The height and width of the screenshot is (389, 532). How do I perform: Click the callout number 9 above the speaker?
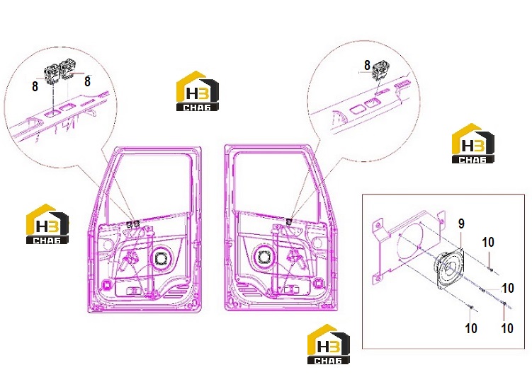[461, 224]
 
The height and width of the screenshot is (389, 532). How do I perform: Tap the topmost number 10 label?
[488, 243]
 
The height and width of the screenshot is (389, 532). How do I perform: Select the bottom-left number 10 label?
[471, 328]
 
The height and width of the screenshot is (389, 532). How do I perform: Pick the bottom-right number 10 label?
[507, 328]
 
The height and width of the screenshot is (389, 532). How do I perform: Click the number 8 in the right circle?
[367, 65]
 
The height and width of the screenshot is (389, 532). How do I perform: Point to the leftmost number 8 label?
[35, 86]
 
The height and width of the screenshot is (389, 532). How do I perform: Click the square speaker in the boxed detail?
[449, 268]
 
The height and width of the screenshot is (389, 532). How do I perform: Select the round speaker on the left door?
[160, 259]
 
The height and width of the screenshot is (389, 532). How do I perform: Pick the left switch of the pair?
[52, 74]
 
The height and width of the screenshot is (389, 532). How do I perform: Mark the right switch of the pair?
[68, 72]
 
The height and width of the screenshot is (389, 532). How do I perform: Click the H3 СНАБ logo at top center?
[197, 91]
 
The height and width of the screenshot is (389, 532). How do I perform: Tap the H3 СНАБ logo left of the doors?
[47, 224]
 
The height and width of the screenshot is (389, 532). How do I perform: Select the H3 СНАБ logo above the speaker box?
[472, 144]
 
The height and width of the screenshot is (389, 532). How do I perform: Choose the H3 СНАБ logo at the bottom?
[329, 344]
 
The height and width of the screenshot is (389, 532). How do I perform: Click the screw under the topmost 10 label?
[491, 269]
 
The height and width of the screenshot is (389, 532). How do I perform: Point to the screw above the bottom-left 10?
[470, 307]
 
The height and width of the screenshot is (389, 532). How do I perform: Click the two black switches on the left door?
[133, 223]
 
